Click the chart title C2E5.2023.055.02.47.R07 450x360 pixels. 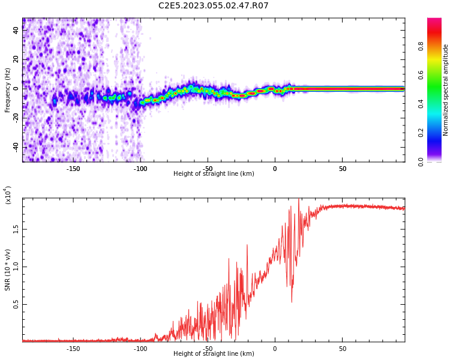[213, 6]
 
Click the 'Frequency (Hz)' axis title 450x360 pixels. [8, 90]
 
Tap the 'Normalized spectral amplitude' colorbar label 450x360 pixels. [446, 90]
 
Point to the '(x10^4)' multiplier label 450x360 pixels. [8, 195]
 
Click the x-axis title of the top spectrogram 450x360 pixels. [214, 174]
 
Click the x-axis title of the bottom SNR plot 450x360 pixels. [214, 354]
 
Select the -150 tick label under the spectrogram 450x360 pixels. [73, 169]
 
